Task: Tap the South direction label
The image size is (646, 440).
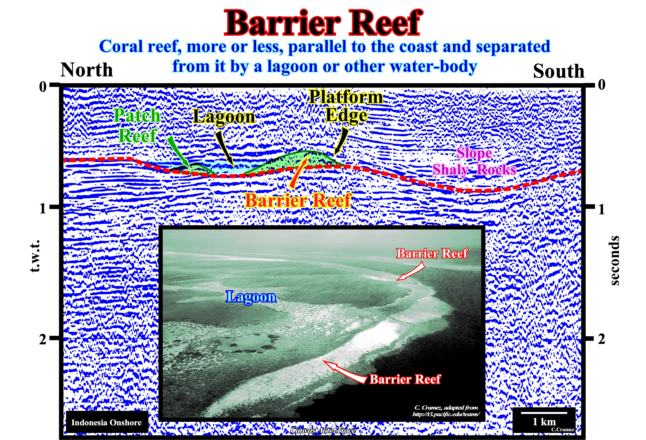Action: (559, 71)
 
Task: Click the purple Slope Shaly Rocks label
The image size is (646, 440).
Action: (474, 161)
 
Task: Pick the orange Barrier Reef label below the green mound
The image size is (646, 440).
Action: (298, 200)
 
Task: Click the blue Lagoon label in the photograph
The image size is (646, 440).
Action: (251, 297)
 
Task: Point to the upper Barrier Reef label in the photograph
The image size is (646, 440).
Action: (432, 253)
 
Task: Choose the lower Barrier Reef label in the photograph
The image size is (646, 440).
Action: (405, 379)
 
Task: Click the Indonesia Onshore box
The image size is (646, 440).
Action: (107, 422)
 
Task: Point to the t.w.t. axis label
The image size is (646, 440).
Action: (35, 256)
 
